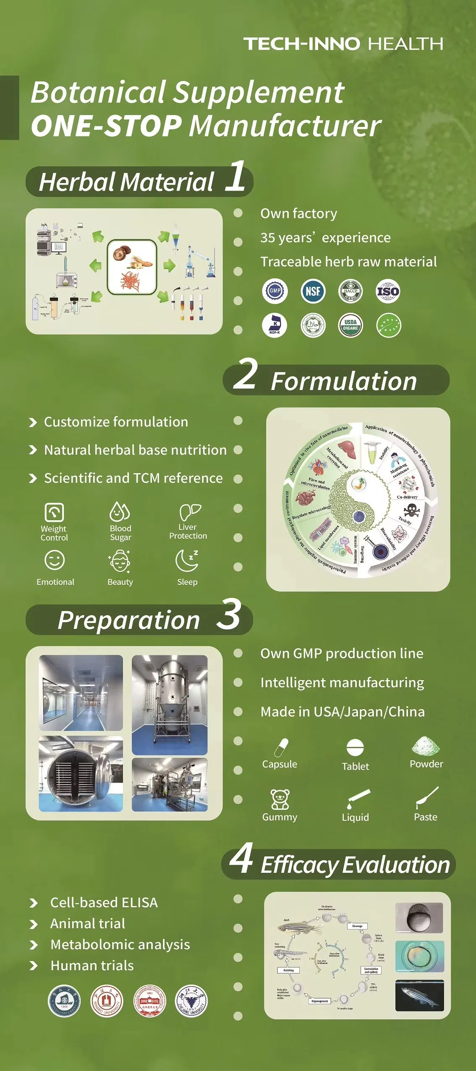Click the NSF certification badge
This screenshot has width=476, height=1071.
pyautogui.click(x=313, y=291)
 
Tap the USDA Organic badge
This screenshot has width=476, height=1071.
pyautogui.click(x=350, y=325)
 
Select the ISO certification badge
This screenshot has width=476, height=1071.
pyautogui.click(x=388, y=291)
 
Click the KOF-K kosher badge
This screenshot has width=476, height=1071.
pyautogui.click(x=275, y=325)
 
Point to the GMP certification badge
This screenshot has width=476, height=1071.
pyautogui.click(x=275, y=291)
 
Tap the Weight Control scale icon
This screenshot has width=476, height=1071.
pyautogui.click(x=54, y=512)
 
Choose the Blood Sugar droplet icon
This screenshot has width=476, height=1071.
pyautogui.click(x=120, y=511)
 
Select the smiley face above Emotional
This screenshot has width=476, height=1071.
pyautogui.click(x=55, y=560)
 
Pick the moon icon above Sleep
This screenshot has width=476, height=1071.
pyautogui.click(x=187, y=560)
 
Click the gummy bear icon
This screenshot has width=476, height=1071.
pyautogui.click(x=280, y=799)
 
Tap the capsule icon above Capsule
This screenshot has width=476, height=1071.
pyautogui.click(x=281, y=748)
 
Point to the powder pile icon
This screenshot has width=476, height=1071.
pyautogui.click(x=426, y=746)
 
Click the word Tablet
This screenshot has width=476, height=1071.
pyautogui.click(x=355, y=766)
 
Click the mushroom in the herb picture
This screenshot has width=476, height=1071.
pyautogui.click(x=122, y=253)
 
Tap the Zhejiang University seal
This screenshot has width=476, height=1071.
pyautogui.click(x=191, y=1000)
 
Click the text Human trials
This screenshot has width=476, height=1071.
pyautogui.click(x=92, y=965)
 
